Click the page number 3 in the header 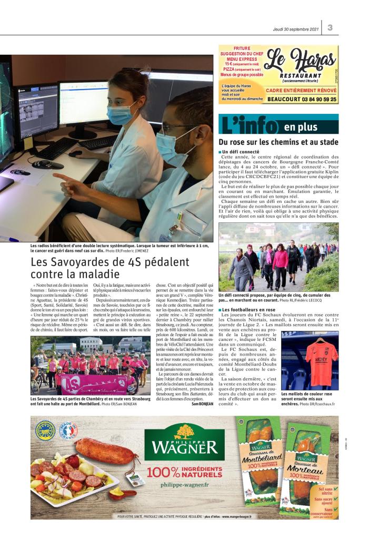click(x=330, y=28)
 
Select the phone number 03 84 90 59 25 click(x=302, y=99)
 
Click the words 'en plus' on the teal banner click(x=301, y=127)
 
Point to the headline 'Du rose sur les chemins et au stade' click(x=278, y=142)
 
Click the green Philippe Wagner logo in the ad click(x=184, y=442)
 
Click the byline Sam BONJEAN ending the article click(x=202, y=404)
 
